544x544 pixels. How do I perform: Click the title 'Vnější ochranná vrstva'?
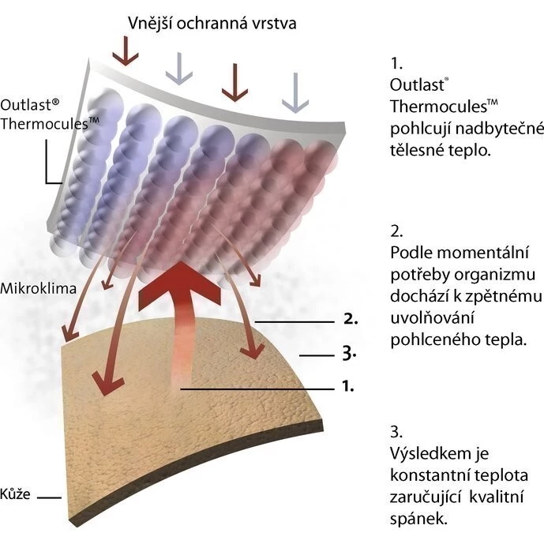[x=212, y=23]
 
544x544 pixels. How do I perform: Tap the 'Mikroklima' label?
[x=38, y=288]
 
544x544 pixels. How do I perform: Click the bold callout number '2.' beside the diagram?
[x=351, y=321]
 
